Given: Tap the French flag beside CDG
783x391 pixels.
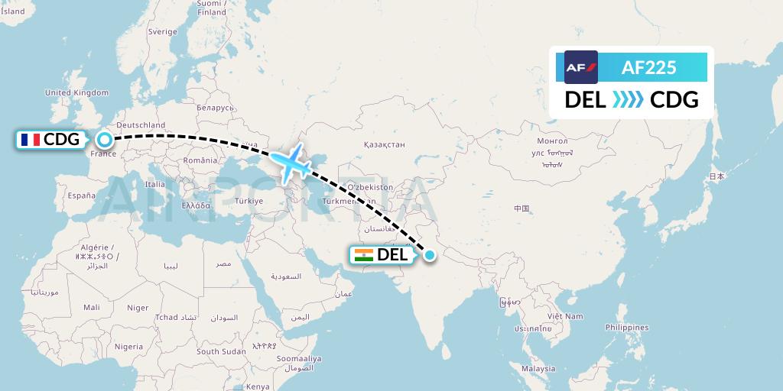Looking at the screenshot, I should click(31, 140).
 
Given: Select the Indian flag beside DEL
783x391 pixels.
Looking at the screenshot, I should click(364, 255).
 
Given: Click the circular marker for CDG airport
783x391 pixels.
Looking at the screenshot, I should click(104, 140).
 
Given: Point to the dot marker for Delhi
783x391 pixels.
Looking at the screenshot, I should click(430, 255).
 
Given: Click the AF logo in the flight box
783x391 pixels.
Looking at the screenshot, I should click(581, 67).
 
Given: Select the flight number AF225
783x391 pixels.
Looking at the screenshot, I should click(648, 67).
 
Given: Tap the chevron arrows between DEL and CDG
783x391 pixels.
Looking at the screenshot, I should click(628, 100).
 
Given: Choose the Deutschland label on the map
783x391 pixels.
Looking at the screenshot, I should click(141, 125).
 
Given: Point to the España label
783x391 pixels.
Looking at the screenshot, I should click(80, 195).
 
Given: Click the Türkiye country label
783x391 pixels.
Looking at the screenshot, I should click(249, 201).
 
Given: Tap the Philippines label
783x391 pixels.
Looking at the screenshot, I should click(625, 327).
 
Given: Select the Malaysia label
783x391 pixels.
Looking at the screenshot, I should click(538, 368).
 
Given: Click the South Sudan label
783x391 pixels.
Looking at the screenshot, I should click(221, 352).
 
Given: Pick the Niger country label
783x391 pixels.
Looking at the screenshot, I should click(138, 308).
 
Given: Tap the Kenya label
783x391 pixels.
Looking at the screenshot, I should click(258, 386).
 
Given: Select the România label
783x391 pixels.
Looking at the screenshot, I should click(200, 160).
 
